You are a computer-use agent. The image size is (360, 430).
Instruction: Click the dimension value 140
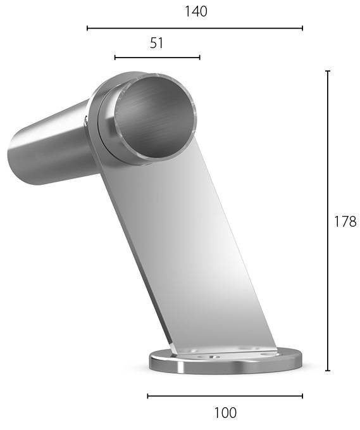coord(196,11)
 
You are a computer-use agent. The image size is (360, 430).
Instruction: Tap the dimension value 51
coord(157,43)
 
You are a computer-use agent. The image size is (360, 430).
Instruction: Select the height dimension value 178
coord(345,221)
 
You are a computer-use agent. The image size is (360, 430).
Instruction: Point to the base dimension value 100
coord(225,413)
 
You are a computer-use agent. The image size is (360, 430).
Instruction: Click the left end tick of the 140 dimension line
coord(87,28)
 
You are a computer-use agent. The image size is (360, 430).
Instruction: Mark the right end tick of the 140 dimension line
coord(302,28)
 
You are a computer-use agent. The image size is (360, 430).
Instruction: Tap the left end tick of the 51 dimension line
coord(115,58)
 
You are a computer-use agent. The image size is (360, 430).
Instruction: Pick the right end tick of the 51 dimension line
coord(199,58)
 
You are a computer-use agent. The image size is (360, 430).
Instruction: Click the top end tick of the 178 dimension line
coord(327,71)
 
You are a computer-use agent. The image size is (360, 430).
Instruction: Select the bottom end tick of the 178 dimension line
coord(327,370)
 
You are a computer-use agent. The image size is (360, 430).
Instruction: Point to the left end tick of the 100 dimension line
coord(148,396)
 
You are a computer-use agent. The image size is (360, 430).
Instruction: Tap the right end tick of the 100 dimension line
coord(302,396)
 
